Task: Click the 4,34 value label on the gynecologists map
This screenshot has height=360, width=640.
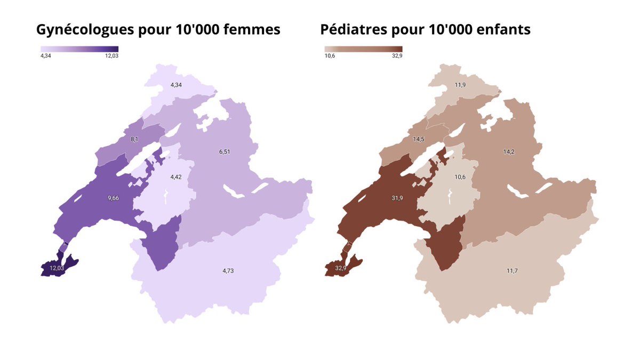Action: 176,85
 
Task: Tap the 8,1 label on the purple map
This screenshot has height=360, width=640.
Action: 134,139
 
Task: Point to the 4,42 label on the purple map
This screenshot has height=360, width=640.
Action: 176,177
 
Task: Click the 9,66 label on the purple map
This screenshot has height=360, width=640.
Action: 114,198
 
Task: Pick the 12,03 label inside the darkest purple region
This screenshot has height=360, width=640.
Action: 57,268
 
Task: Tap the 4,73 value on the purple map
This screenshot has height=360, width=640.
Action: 228,271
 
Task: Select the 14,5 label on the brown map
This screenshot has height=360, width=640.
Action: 419,139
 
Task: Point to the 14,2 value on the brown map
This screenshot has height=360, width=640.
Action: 509,151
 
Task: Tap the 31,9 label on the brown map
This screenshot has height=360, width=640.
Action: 398,198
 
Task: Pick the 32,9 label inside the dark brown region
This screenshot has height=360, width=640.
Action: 342,268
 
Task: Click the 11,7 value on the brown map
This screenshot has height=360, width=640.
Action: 512,271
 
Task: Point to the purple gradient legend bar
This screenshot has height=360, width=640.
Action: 79,49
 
